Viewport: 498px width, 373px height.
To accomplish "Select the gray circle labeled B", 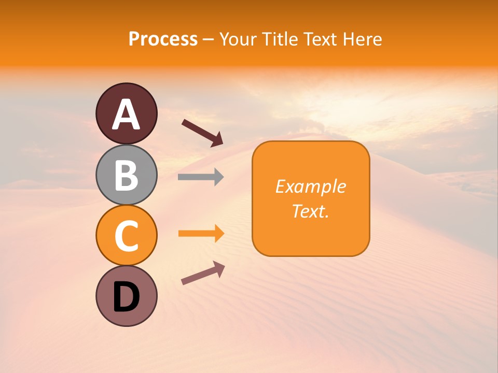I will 127,175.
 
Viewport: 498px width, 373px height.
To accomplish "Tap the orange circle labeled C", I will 127,236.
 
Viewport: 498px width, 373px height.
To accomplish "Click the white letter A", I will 127,114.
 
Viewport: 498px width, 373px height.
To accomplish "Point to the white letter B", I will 127,175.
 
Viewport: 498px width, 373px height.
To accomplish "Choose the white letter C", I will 127,236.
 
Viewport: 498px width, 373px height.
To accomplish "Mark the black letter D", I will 127,297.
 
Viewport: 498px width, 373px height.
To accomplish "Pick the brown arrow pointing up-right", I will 203,274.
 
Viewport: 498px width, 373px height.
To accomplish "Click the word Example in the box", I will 310,187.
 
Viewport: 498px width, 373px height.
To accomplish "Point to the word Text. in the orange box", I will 310,211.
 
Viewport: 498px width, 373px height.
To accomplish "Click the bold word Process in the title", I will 163,39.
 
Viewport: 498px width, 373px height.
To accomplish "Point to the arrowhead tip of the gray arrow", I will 223,177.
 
